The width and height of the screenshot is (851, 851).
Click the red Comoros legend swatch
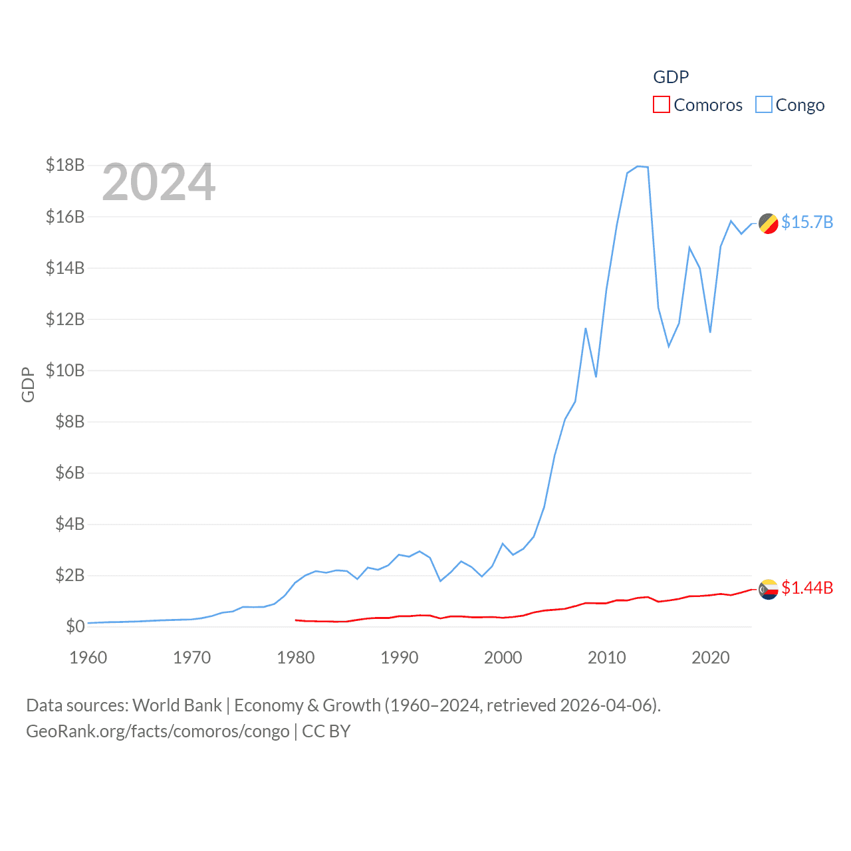(x=661, y=105)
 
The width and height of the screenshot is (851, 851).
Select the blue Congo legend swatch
(x=764, y=105)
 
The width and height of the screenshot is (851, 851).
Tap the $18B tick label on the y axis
(x=65, y=165)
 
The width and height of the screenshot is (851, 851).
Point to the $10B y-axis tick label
(x=65, y=370)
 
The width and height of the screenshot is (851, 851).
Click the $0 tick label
(x=75, y=626)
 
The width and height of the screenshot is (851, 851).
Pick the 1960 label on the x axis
(x=88, y=658)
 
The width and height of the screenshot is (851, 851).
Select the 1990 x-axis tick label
(x=400, y=658)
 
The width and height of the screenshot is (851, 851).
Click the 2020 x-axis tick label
(x=711, y=658)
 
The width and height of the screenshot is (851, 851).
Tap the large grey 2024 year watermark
(x=159, y=182)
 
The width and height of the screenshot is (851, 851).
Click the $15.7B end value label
(x=807, y=222)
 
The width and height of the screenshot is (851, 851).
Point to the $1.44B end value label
(x=807, y=588)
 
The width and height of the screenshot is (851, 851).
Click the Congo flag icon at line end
(x=769, y=223)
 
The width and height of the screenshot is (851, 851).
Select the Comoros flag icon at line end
(x=769, y=589)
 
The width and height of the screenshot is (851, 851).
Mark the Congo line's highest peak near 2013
(x=638, y=166)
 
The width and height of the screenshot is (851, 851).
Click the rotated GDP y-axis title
(x=28, y=384)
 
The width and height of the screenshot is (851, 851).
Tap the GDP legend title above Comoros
(x=671, y=77)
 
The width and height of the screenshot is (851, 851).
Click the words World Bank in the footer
(x=178, y=705)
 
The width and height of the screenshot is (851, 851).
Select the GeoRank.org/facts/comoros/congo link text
(x=158, y=731)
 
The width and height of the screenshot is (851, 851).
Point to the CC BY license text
(x=326, y=731)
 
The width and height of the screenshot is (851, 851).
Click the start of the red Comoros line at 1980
(x=296, y=620)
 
